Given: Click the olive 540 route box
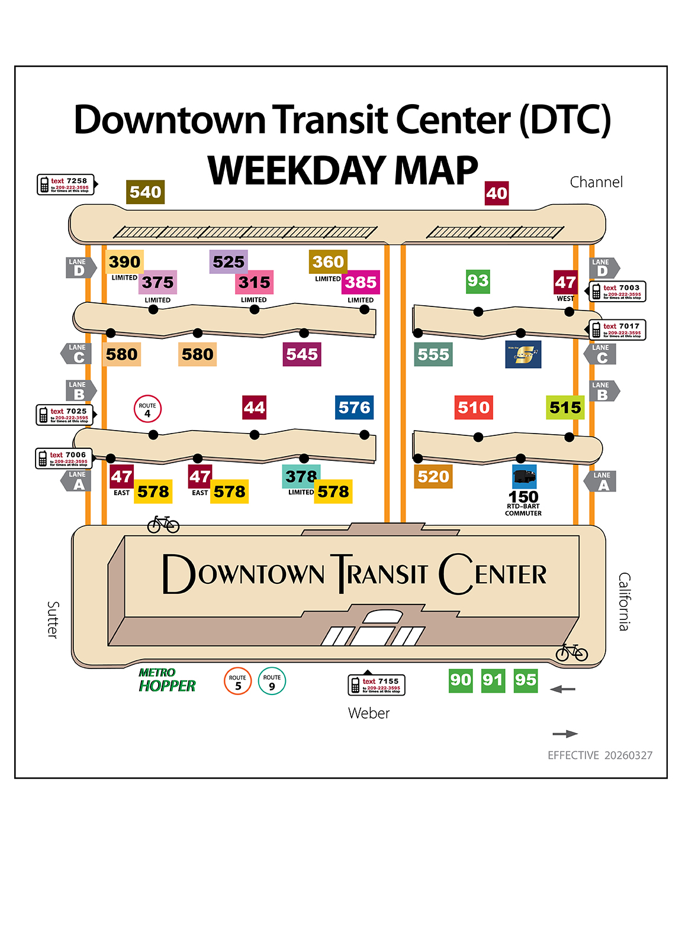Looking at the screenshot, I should [146, 192].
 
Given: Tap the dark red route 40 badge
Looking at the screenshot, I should [497, 193].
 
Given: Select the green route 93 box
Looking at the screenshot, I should [478, 281].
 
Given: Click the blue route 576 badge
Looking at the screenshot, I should [354, 408].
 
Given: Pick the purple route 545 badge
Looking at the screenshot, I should [302, 354].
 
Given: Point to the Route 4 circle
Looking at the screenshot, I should [147, 409].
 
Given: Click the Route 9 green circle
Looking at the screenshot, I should [272, 681].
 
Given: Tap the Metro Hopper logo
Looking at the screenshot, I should [166, 680].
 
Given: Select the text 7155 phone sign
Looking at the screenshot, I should [377, 684].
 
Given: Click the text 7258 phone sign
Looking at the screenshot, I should [66, 185].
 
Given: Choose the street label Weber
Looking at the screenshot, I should [369, 713].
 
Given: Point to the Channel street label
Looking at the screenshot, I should [596, 182].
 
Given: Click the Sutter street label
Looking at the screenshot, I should [53, 619].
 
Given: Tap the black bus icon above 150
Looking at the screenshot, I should [524, 476].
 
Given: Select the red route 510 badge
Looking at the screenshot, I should [474, 408].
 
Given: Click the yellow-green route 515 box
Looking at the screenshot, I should [565, 408].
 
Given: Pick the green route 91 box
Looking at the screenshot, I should [493, 680].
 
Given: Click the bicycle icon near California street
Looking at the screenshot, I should [571, 652].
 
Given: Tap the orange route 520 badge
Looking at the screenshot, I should [433, 477].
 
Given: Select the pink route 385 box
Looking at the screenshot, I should [361, 283].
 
